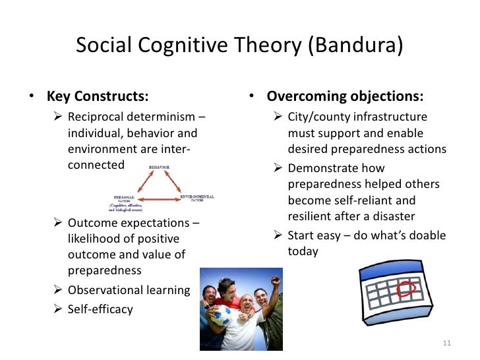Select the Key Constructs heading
pyautogui.click(x=97, y=96)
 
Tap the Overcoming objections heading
pyautogui.click(x=345, y=96)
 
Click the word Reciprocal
pyautogui.click(x=98, y=117)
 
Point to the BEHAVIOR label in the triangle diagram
pyautogui.click(x=158, y=168)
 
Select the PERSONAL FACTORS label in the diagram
pyautogui.click(x=123, y=197)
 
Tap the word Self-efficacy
pyautogui.click(x=100, y=309)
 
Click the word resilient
pyautogui.click(x=311, y=217)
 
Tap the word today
pyautogui.click(x=303, y=251)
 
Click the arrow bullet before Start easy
pyautogui.click(x=278, y=235)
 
